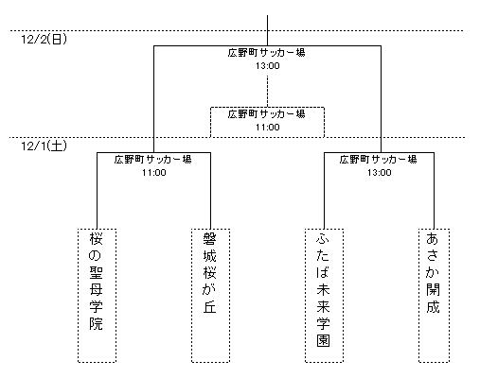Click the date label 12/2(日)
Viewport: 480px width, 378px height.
coord(44,40)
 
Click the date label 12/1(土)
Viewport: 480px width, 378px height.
coord(44,146)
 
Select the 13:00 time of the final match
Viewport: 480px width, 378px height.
coord(268,66)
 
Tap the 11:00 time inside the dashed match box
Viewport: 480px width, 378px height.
coord(268,128)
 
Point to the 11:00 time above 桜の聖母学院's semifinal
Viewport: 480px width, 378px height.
coord(153,173)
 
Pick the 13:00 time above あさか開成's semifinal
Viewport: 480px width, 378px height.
coord(379,173)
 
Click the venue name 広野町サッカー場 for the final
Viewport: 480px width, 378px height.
coord(267,53)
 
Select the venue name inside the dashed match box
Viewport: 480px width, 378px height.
coord(267,114)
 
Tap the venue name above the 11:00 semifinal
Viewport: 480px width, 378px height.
coord(153,160)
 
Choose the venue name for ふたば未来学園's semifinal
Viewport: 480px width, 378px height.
coord(379,160)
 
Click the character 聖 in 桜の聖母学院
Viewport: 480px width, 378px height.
coord(96,272)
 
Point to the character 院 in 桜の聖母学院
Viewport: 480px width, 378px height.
coord(96,323)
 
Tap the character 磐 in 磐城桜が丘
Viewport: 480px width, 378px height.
coord(209,239)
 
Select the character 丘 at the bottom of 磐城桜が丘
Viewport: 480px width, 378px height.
coord(209,306)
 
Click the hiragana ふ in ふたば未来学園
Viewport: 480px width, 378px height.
coord(323,239)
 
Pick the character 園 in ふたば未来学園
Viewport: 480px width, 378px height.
coord(323,340)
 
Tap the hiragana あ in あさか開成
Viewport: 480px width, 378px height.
coord(433,239)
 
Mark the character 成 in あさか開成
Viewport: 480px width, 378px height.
coord(433,306)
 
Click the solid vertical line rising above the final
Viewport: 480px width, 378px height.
coord(268,30)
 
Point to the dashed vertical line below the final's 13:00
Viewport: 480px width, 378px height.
coord(268,92)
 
